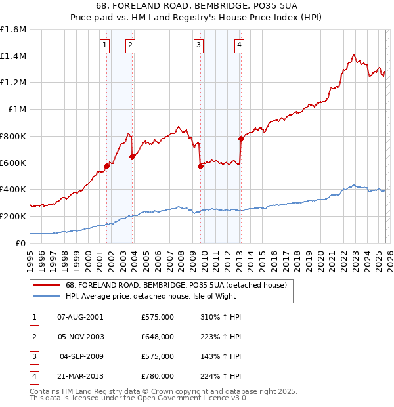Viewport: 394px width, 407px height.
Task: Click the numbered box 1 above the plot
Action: click(105, 45)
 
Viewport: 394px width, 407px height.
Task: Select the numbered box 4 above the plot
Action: click(240, 45)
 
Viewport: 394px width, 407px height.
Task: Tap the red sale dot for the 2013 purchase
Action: click(241, 139)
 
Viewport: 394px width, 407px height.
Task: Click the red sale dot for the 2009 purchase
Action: click(201, 166)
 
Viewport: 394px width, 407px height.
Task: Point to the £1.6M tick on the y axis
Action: click(13, 30)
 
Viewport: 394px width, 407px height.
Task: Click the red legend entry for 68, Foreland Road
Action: click(176, 286)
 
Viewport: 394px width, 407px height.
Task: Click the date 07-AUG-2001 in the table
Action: click(81, 317)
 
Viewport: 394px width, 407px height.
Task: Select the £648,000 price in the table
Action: click(158, 337)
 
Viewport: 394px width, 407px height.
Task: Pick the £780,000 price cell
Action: click(158, 377)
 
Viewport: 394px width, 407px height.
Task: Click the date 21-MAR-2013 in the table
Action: click(81, 377)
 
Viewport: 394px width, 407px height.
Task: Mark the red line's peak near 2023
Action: click(354, 55)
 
